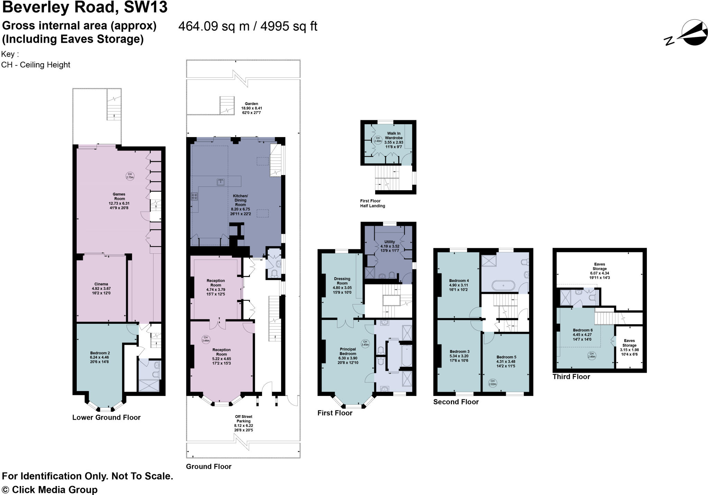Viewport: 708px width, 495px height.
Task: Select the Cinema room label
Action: pos(101,289)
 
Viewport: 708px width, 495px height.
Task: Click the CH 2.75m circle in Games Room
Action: pos(130,176)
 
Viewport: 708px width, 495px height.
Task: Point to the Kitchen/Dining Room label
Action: pos(240,205)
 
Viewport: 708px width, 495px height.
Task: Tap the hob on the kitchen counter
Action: pos(194,196)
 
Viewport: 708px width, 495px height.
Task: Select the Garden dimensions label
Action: pos(251,108)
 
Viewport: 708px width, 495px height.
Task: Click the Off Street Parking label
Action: pos(243,423)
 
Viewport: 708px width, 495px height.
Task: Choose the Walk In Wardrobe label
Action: pos(393,140)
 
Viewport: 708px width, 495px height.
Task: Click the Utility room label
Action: pos(390,246)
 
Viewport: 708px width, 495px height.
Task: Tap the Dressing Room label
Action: pos(342,285)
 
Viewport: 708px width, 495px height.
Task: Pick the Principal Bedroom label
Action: pos(347,356)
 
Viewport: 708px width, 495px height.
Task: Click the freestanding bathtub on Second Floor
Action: pos(503,286)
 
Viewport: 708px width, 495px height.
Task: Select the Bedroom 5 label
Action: pos(506,361)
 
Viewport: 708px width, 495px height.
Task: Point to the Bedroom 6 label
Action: pos(583,334)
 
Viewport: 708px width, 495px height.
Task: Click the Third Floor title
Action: pos(571,377)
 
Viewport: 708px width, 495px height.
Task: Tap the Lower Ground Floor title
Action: pos(106,417)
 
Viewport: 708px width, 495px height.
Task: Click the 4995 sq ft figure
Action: pos(289,26)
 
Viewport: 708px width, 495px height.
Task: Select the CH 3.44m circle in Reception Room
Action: pos(206,339)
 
